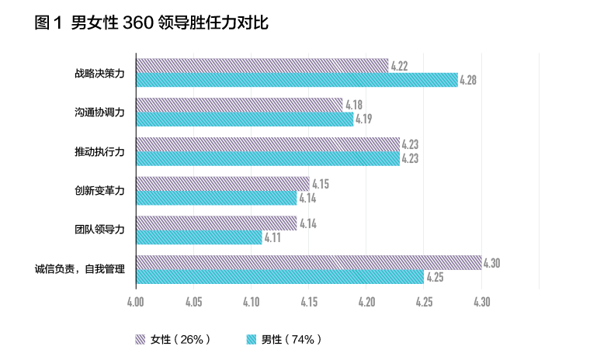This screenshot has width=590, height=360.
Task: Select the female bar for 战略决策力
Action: (x=262, y=65)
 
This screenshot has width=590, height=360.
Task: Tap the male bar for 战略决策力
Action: (x=297, y=80)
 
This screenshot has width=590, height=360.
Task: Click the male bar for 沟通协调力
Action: (x=245, y=119)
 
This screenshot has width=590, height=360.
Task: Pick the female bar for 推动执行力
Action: (x=268, y=144)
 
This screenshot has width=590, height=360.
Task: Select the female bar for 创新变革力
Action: (x=223, y=183)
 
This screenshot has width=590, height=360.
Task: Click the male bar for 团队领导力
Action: (x=199, y=237)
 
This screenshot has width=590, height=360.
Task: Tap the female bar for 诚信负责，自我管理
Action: (x=308, y=262)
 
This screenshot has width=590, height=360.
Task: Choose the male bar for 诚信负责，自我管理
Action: (x=279, y=277)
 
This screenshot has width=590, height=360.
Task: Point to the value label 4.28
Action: (x=468, y=80)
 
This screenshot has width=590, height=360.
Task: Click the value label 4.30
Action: (x=491, y=262)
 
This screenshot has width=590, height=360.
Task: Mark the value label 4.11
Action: (x=272, y=237)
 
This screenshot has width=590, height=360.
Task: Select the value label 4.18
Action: (x=353, y=105)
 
